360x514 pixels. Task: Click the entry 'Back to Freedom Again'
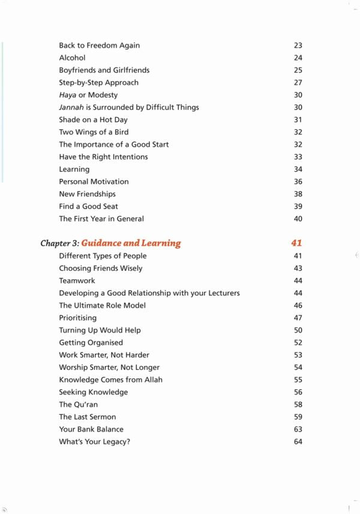99,46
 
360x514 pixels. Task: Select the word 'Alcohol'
72,58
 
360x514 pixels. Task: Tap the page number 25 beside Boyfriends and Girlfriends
298,70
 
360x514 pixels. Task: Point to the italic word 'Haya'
67,95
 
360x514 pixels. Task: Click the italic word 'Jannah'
71,107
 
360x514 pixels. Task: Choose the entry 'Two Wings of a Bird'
94,132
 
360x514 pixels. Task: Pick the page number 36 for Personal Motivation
298,181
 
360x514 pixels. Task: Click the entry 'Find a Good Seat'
88,207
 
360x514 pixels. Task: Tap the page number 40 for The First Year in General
298,219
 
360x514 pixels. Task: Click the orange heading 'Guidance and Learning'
131,243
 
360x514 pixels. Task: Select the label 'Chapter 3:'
59,243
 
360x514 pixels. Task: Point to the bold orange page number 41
296,243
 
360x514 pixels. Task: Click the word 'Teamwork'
77,280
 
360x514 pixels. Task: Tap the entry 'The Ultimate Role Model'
102,305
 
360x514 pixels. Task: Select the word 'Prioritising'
77,318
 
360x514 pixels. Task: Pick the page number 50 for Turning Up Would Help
298,330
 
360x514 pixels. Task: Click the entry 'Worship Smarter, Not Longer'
109,367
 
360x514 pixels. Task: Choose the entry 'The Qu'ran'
78,405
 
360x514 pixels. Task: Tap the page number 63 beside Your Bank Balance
298,429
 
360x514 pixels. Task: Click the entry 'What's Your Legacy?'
94,442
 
